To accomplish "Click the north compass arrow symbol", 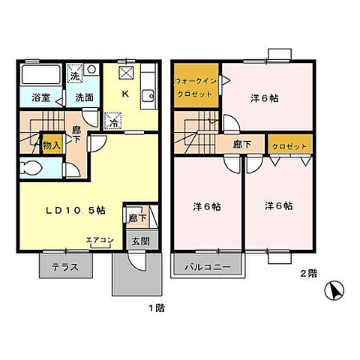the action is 334,291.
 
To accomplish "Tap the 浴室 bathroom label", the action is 41,97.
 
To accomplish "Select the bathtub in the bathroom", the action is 41,74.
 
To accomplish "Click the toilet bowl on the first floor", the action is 31,167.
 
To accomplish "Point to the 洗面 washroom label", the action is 85,97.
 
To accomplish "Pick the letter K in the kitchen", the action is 125,94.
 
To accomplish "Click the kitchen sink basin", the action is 148,96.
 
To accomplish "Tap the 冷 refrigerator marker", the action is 113,122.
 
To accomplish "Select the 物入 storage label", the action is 52,145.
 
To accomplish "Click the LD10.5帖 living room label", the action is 76,211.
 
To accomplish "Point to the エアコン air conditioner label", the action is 100,240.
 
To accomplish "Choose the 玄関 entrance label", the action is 141,241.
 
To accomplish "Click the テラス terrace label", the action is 65,267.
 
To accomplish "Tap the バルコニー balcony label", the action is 208,267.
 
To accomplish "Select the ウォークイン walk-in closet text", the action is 196,81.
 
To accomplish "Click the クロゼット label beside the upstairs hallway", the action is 289,146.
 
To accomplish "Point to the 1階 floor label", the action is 157,308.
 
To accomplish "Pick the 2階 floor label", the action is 308,274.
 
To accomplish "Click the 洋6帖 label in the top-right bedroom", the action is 265,98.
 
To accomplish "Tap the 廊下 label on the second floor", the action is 242,145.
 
